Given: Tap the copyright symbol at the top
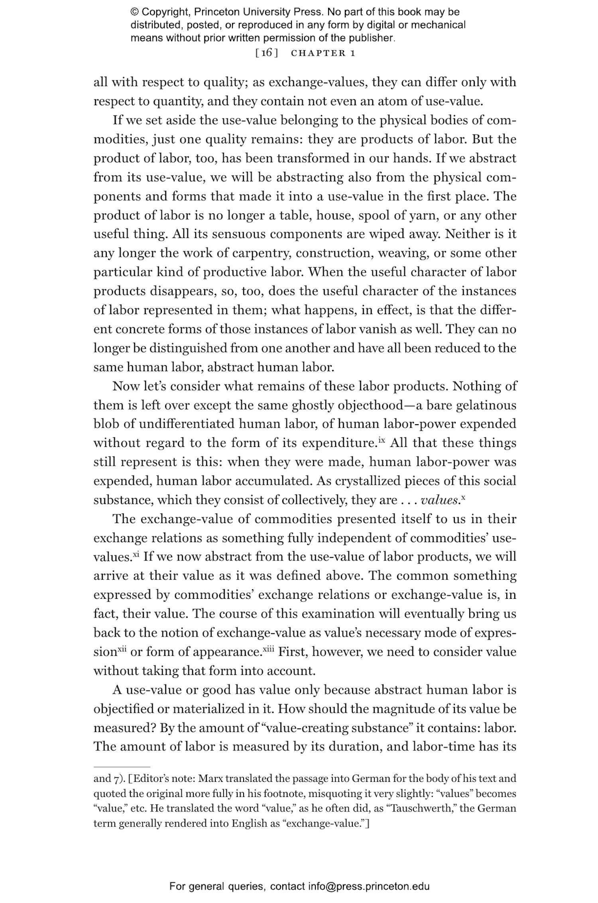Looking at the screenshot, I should coord(134,12).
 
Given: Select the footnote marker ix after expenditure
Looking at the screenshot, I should coord(382,440).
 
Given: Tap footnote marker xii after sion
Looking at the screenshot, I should coord(122,649).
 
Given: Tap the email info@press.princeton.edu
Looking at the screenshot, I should coord(368,887).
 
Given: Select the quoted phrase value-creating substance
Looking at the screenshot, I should coord(338,728).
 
